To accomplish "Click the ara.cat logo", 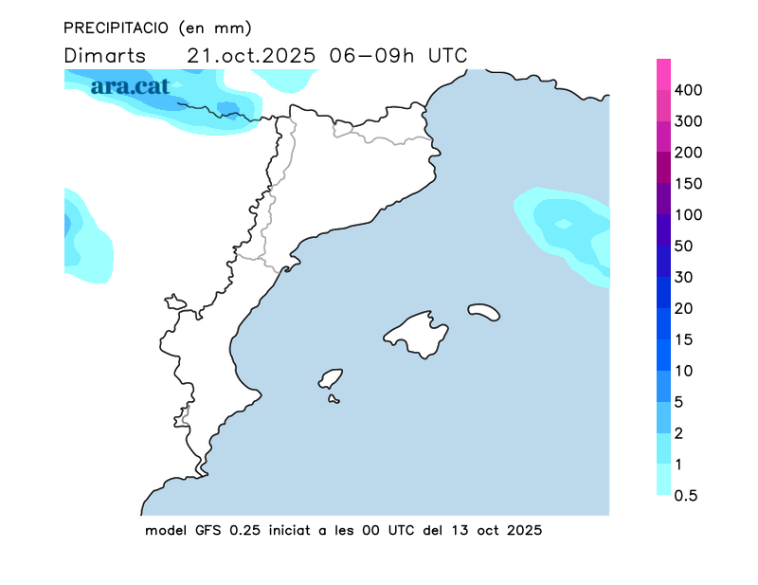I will (x=131, y=86).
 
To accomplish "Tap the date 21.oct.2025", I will (x=251, y=55).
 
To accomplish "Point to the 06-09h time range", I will (x=372, y=55).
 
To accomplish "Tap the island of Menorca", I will (x=483, y=312).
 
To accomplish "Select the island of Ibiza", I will (x=331, y=378).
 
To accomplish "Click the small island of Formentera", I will (x=334, y=399).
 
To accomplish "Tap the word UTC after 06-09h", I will (x=447, y=55).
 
